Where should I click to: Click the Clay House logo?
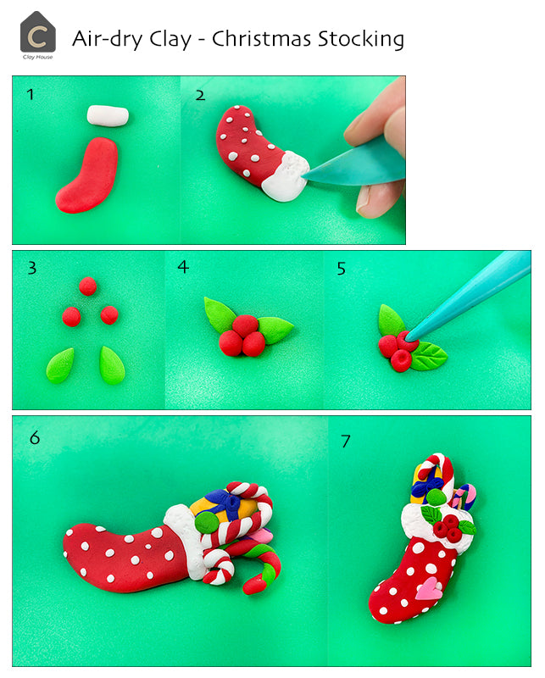(37, 34)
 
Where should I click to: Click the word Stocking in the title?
(359, 39)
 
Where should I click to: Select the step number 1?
(31, 94)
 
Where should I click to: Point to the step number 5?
(341, 268)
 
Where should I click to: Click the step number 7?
(345, 441)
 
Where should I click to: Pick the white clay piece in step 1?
(108, 115)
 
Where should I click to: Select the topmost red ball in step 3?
(88, 286)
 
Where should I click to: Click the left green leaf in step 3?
(60, 365)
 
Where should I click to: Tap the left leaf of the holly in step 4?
(220, 315)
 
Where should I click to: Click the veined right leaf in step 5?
(429, 355)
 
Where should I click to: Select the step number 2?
(200, 94)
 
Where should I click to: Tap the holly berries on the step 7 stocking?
(447, 530)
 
